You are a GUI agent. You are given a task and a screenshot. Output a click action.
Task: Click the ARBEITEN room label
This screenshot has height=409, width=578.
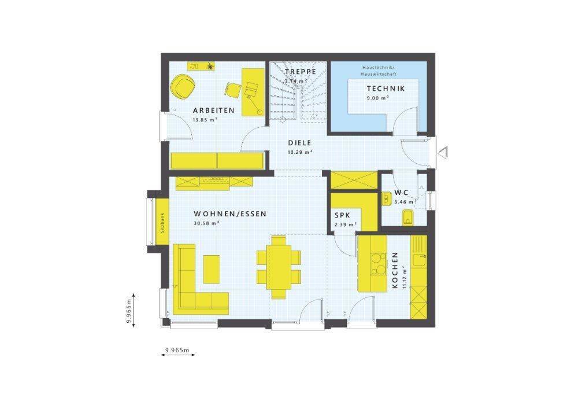(214, 110)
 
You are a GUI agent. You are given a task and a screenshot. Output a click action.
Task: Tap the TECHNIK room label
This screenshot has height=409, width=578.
(386, 89)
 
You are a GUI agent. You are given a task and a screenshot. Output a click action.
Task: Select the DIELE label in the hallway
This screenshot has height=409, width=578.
(299, 143)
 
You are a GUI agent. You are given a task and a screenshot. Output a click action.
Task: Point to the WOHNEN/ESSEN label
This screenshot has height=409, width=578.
(230, 214)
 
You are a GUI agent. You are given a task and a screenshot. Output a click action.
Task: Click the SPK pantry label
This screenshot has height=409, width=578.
(342, 215)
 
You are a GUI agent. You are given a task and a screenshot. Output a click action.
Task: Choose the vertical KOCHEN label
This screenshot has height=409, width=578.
(395, 270)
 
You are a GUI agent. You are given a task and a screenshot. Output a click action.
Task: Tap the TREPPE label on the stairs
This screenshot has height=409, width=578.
(300, 72)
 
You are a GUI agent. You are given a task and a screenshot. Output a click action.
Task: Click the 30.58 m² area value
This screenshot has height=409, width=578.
(207, 223)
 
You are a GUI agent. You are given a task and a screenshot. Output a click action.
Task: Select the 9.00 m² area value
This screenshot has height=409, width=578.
(378, 98)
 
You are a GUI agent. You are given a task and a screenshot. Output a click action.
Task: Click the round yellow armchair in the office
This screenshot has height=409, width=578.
(180, 87)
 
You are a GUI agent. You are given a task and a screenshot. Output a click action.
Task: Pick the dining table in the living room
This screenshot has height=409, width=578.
(279, 267)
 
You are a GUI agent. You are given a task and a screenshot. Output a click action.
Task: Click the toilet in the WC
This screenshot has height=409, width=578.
(407, 217)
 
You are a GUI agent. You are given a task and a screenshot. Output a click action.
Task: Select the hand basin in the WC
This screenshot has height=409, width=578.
(386, 199)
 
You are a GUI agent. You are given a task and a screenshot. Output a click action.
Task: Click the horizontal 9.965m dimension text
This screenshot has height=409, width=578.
(177, 350)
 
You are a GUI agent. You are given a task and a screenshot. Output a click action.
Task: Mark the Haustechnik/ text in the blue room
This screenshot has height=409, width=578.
(379, 68)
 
